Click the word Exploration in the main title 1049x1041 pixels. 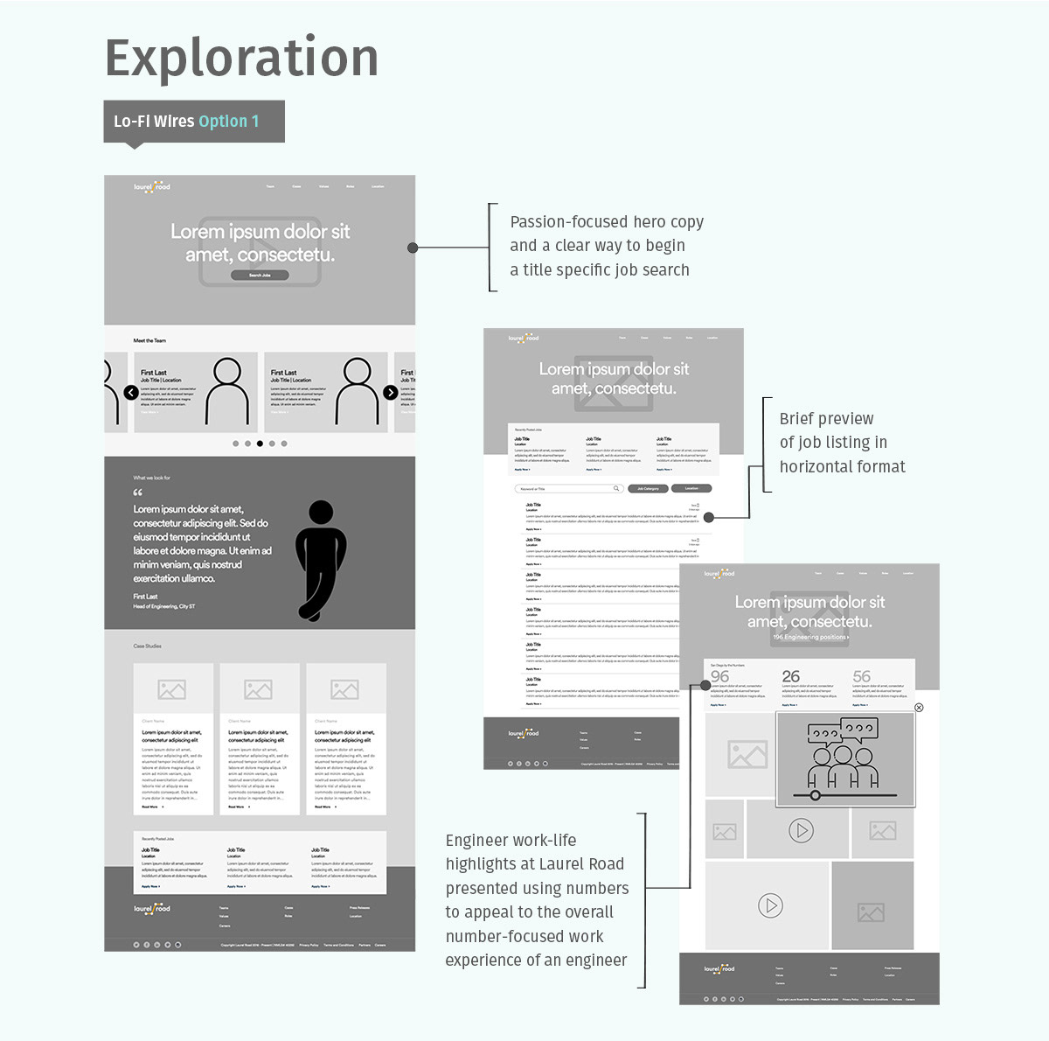coord(241,58)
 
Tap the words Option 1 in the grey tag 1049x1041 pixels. coord(229,122)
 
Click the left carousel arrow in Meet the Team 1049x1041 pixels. coord(131,393)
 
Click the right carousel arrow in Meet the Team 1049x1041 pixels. coord(391,393)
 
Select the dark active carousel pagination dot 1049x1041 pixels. coord(260,444)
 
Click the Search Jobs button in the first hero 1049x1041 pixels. coord(260,275)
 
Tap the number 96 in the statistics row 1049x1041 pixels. coord(719,676)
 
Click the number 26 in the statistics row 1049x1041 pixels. coord(791,676)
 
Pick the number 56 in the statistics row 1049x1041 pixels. coord(862,676)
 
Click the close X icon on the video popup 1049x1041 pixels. coord(919,707)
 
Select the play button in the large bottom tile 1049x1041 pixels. coord(770,905)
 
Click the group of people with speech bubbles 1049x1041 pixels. coord(843,753)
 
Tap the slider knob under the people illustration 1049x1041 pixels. coord(816,795)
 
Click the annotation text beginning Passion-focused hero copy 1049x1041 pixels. coord(607,246)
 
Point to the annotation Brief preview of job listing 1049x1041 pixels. coord(841,443)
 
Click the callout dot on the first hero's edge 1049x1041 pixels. coord(413,248)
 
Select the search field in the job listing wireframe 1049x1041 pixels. coord(568,489)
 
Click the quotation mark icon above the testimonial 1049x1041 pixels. coord(138,493)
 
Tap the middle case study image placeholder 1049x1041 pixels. coord(258,689)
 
